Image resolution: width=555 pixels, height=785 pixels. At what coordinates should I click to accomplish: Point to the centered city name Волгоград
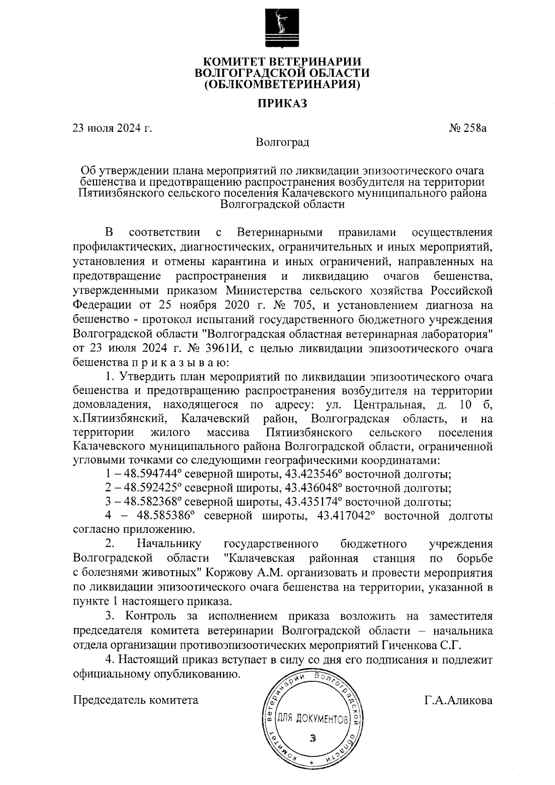[282, 142]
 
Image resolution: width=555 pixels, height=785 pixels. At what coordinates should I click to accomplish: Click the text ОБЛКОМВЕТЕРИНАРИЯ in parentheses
[282, 85]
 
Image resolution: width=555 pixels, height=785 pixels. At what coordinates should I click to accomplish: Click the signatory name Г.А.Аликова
[458, 700]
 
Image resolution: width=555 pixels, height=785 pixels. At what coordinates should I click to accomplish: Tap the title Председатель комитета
[136, 700]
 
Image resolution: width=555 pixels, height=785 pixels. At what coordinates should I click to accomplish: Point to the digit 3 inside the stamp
[314, 738]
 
